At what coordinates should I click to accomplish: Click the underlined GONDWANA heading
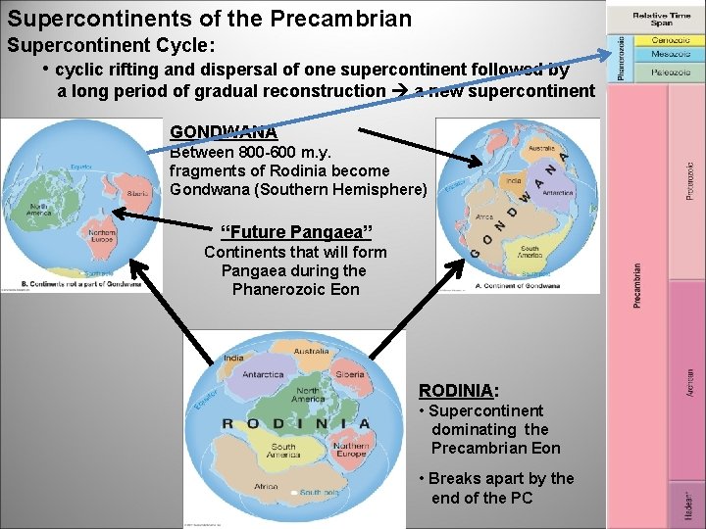223,131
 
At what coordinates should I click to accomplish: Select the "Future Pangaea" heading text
296,232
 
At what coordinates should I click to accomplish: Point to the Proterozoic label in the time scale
689,181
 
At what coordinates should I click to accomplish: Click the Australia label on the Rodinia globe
311,351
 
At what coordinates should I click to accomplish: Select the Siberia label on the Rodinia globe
348,374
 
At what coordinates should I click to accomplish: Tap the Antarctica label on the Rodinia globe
263,374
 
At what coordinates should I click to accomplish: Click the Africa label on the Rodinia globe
266,486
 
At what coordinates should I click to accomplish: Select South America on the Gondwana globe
529,253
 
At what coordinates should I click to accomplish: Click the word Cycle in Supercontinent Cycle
188,46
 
